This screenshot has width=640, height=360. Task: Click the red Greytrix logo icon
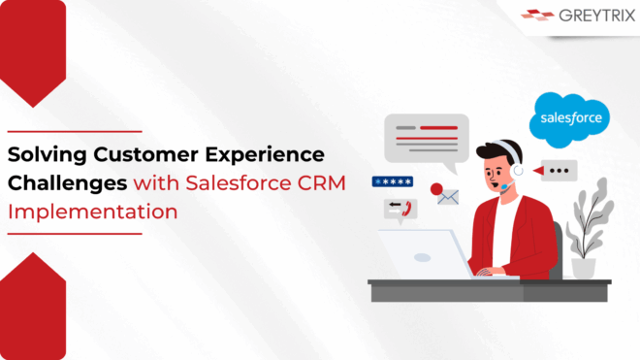point(536,16)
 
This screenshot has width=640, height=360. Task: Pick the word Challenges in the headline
point(67,182)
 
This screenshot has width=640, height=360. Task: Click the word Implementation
point(93,210)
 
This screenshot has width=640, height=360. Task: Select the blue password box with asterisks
point(393,181)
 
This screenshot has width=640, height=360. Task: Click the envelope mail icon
point(447,197)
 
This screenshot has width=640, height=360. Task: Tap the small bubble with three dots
point(556,170)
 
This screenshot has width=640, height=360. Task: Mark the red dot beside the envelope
point(435,188)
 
